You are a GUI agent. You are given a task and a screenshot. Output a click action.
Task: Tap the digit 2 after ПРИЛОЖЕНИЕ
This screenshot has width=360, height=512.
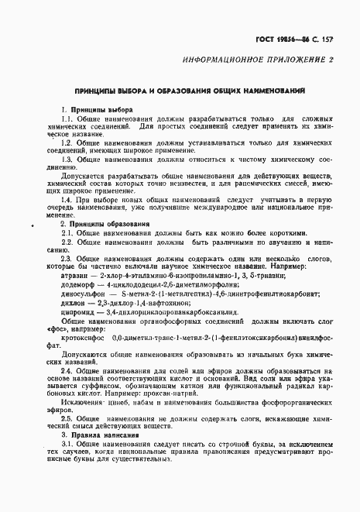click(x=332, y=59)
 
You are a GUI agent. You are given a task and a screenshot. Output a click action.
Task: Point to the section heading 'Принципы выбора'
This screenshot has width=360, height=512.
click(x=91, y=110)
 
